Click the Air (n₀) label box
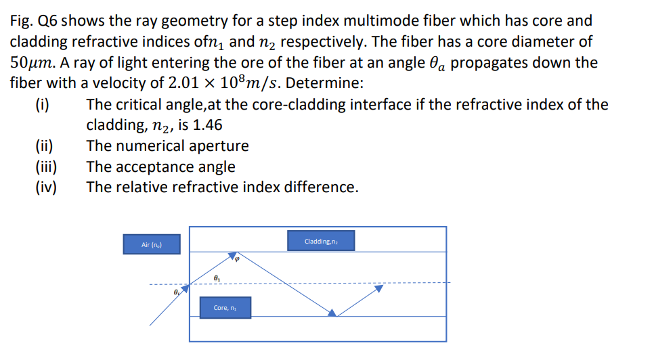tap(152, 244)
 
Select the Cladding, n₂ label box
tap(321, 241)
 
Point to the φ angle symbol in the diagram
tap(238, 258)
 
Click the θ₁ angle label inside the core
tap(216, 277)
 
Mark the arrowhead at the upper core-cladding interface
tap(230, 255)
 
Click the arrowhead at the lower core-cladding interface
tap(332, 312)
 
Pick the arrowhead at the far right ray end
tap(379, 288)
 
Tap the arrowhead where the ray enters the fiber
tap(185, 287)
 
